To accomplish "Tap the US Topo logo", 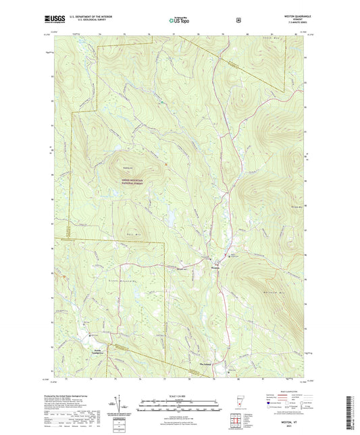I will pos(180,21).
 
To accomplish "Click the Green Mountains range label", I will pos(118,279).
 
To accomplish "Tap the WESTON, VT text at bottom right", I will pos(290,420).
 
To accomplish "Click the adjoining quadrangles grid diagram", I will pos(236,424).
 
